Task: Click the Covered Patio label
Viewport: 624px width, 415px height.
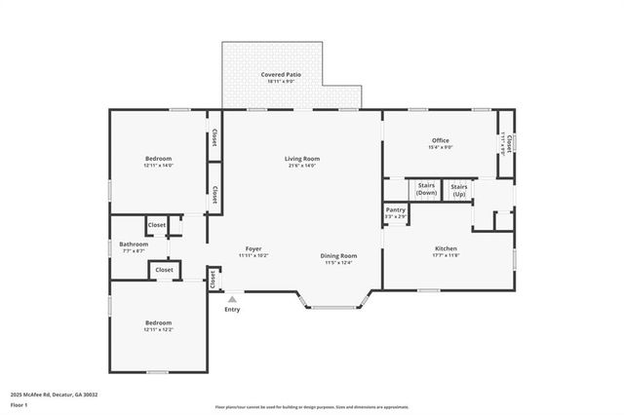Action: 280,74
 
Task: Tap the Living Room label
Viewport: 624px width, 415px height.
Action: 302,158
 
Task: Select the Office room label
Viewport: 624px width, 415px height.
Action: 441,140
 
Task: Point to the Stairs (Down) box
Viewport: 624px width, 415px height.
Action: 426,189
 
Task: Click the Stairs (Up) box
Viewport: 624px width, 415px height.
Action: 459,189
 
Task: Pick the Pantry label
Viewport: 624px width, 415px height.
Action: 395,209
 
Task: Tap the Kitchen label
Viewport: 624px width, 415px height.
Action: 446,248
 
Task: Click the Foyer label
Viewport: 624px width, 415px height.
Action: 253,248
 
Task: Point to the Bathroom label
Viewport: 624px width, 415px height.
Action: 134,244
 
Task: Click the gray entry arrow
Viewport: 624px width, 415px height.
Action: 232,300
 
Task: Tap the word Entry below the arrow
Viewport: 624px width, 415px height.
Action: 232,310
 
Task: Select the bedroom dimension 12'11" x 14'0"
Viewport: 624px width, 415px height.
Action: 158,166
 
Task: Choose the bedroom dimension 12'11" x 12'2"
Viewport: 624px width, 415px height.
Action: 158,329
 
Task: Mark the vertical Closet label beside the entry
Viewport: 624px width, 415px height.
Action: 213,280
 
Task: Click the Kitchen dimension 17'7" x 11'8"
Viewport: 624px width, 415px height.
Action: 446,256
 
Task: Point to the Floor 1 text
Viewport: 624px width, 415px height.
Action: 19,403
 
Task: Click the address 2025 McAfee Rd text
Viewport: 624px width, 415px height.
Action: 54,394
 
